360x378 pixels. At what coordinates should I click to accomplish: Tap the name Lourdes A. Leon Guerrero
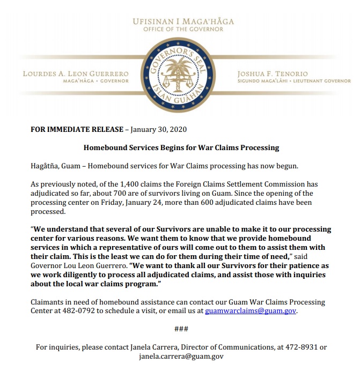76,73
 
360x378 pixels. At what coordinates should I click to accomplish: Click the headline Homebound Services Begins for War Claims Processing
181,147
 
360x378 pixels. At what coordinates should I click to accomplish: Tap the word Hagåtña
48,164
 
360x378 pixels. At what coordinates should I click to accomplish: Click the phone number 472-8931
295,347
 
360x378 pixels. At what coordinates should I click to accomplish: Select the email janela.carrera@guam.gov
181,356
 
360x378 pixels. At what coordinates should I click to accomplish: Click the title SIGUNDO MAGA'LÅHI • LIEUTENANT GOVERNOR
293,81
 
